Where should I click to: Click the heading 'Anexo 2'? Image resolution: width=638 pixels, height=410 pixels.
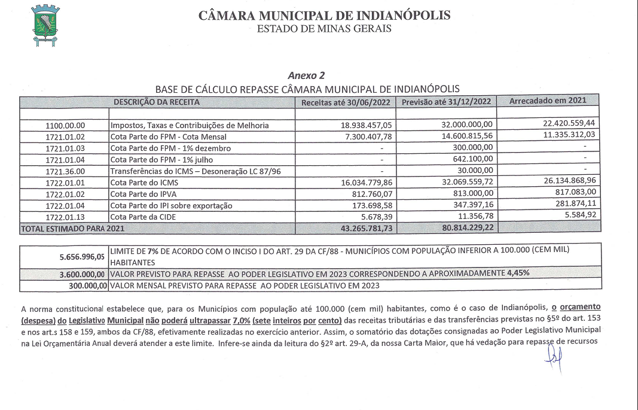pos(306,75)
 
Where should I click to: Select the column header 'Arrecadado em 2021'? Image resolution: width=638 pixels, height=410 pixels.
pos(548,101)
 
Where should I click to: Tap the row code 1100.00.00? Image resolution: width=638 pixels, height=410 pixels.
pos(66,126)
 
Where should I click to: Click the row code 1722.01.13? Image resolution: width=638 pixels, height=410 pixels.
pos(66,216)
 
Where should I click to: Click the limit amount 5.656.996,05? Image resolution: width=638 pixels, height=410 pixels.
pos(83,257)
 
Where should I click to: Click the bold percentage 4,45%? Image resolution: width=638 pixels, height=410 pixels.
pos(518,273)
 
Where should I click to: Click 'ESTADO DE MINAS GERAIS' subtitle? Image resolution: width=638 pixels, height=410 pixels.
pos(324,28)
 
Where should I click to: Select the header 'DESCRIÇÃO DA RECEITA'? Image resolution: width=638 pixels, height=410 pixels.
pos(157,102)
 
